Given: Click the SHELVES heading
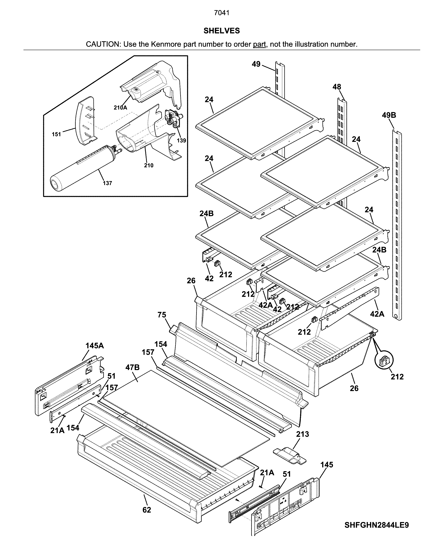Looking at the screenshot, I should click(x=222, y=31).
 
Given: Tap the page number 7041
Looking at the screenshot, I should click(x=222, y=13).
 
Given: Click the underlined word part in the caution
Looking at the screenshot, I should click(x=259, y=44).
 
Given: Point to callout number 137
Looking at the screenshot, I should click(x=107, y=183).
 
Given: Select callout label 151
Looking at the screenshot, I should click(x=56, y=134).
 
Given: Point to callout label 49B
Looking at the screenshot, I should click(x=389, y=115).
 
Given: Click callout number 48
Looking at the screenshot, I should click(x=337, y=87).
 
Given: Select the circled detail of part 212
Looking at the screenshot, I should click(x=384, y=361).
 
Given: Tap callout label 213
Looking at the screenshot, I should click(x=302, y=434).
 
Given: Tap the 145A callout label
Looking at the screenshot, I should click(x=95, y=346).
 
